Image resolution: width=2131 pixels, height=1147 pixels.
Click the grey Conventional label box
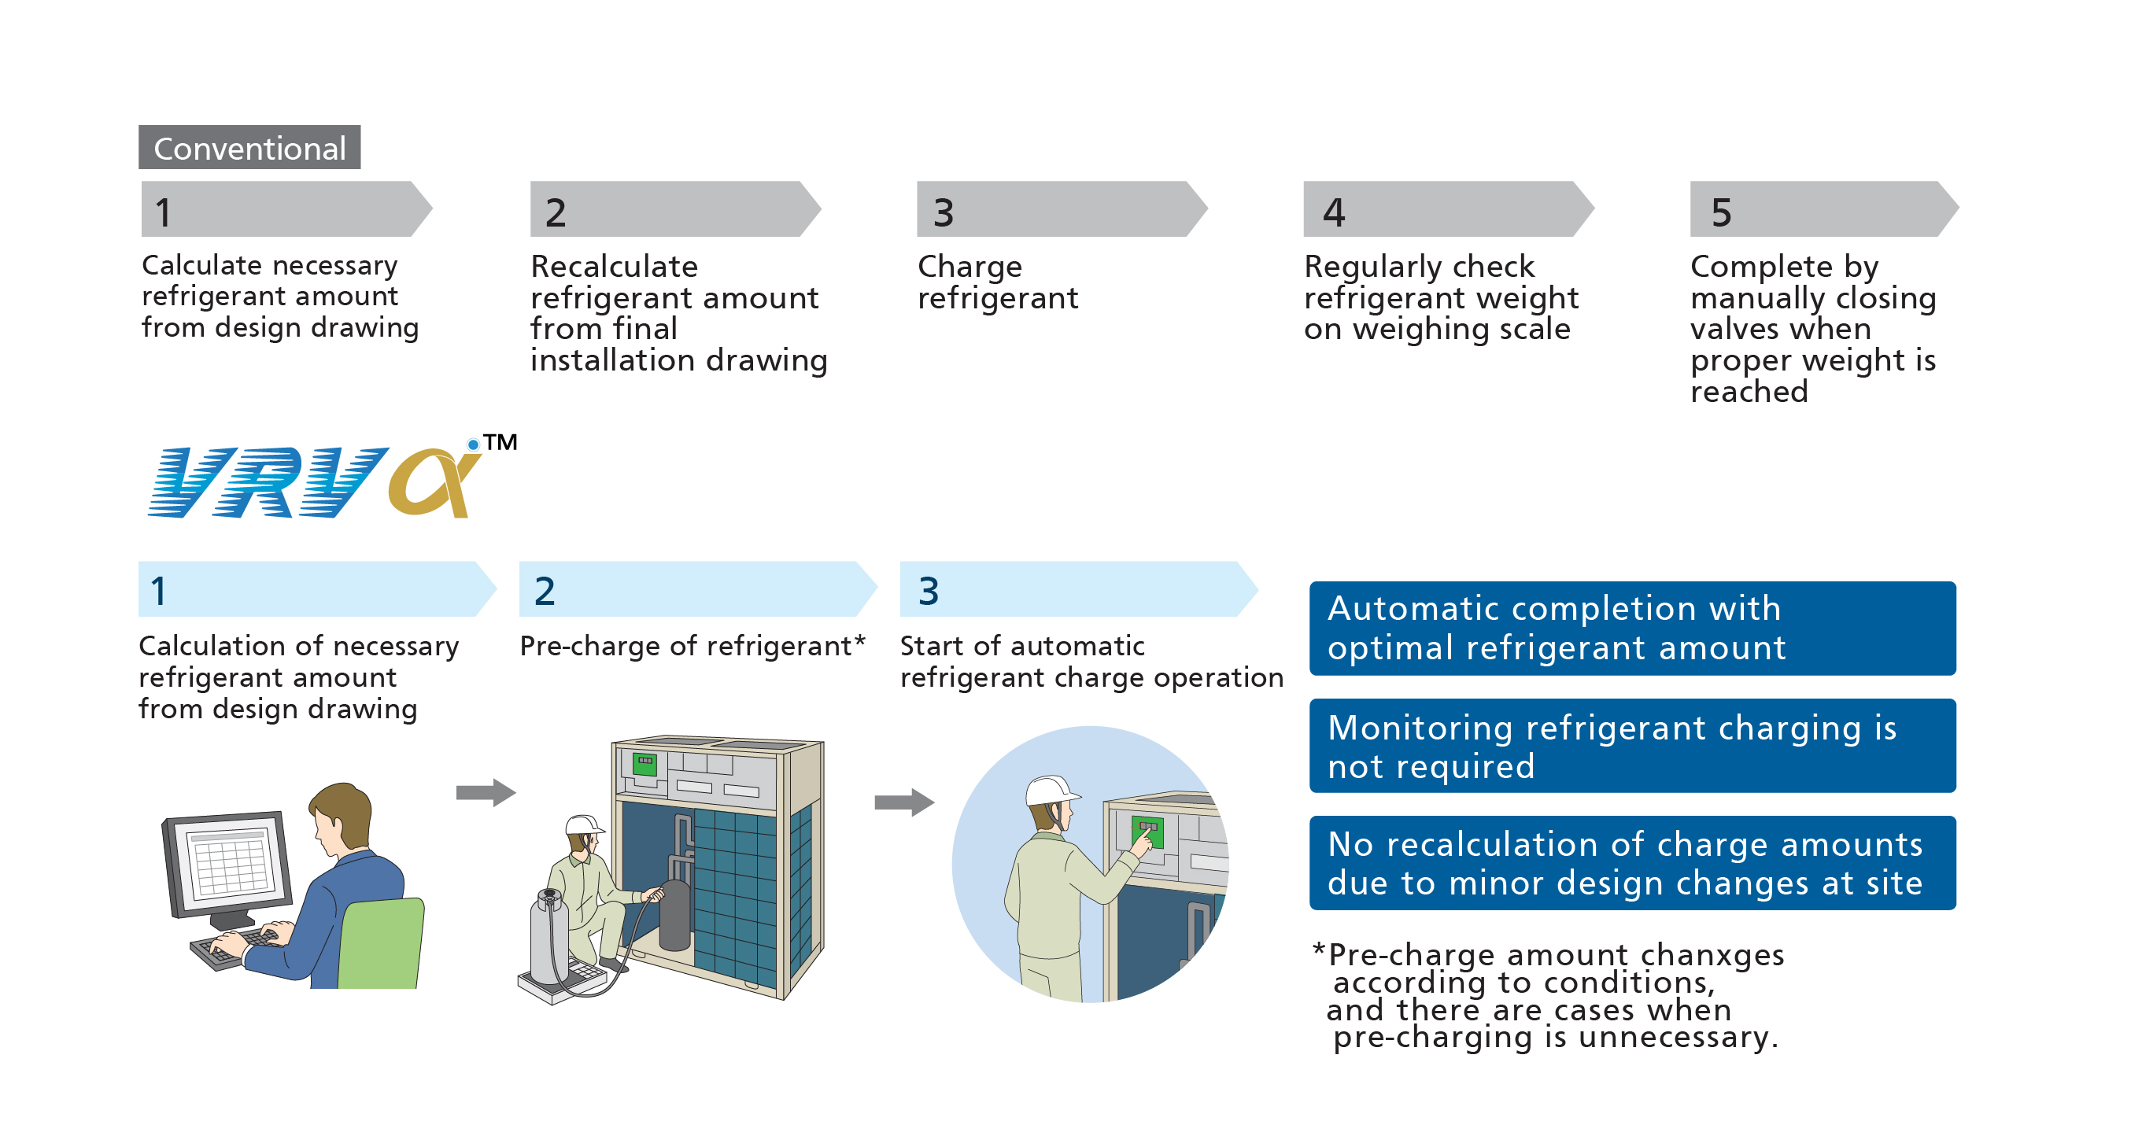(249, 148)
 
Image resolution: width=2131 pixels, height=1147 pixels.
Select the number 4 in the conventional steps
(1333, 212)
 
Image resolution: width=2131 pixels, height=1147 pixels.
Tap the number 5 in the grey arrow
(1721, 212)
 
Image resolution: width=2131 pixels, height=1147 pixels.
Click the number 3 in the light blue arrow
(928, 591)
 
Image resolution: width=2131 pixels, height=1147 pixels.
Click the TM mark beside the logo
(500, 442)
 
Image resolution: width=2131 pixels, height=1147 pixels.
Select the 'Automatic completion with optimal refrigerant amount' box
(1631, 628)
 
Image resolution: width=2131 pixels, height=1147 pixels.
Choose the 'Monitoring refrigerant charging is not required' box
(1631, 746)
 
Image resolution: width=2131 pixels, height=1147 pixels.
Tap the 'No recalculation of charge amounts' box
(1631, 862)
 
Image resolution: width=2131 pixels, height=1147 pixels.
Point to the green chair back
(382, 942)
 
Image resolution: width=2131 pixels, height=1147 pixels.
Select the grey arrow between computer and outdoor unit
(486, 792)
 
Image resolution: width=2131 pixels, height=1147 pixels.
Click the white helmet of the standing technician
(1050, 790)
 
